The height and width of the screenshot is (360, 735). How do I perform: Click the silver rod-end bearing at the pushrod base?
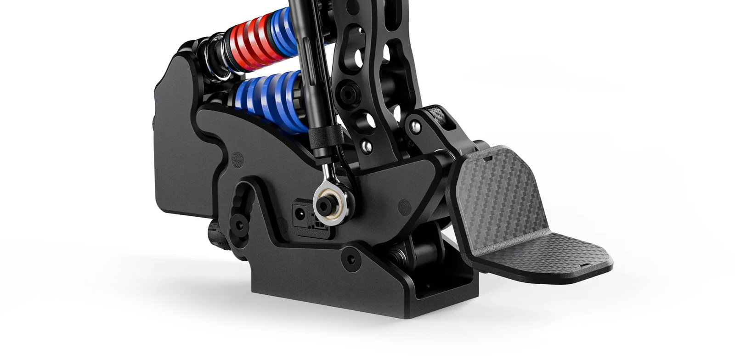click(329, 202)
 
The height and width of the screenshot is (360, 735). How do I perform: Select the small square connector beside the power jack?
click(317, 225)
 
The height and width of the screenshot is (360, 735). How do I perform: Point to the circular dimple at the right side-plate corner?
click(404, 207)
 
